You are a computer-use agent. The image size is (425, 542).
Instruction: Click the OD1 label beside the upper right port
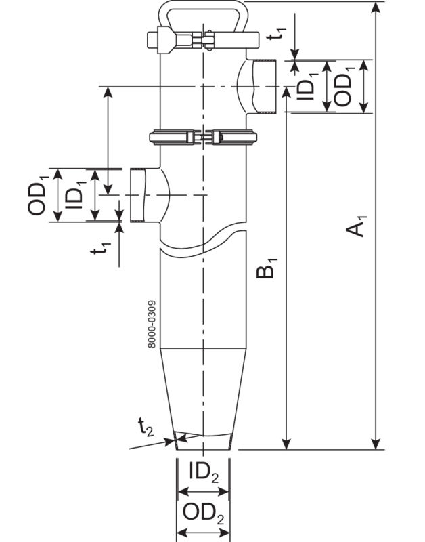pos(344,86)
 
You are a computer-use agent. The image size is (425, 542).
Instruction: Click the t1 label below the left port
pos(101,249)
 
